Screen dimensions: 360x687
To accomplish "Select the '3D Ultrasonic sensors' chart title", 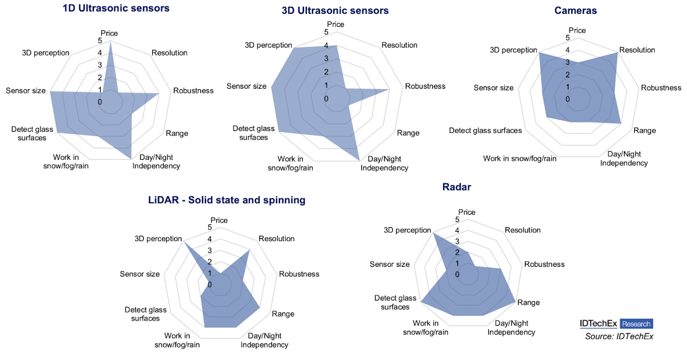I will click(335, 11).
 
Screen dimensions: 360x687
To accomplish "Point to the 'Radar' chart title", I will click(457, 187).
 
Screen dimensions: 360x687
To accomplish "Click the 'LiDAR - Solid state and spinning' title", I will click(227, 200).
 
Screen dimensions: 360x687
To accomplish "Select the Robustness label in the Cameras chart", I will click(661, 88).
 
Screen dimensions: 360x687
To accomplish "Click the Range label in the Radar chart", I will click(528, 302).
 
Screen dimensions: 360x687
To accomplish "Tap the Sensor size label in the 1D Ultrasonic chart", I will click(26, 91).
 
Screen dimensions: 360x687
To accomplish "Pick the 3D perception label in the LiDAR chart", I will click(158, 239).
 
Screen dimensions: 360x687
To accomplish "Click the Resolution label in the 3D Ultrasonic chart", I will click(399, 45).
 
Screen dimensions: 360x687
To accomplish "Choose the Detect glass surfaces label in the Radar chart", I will click(395, 302).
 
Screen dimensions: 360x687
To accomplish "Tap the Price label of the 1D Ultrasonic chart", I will click(109, 33).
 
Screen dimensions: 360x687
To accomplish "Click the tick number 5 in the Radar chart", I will click(457, 220).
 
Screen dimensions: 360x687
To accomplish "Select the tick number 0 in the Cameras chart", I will click(568, 100).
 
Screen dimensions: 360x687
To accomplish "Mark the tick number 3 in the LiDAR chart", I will click(210, 251).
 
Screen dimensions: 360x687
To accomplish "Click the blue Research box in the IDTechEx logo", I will click(636, 323).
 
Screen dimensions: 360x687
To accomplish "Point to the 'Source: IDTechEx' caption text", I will click(619, 337).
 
